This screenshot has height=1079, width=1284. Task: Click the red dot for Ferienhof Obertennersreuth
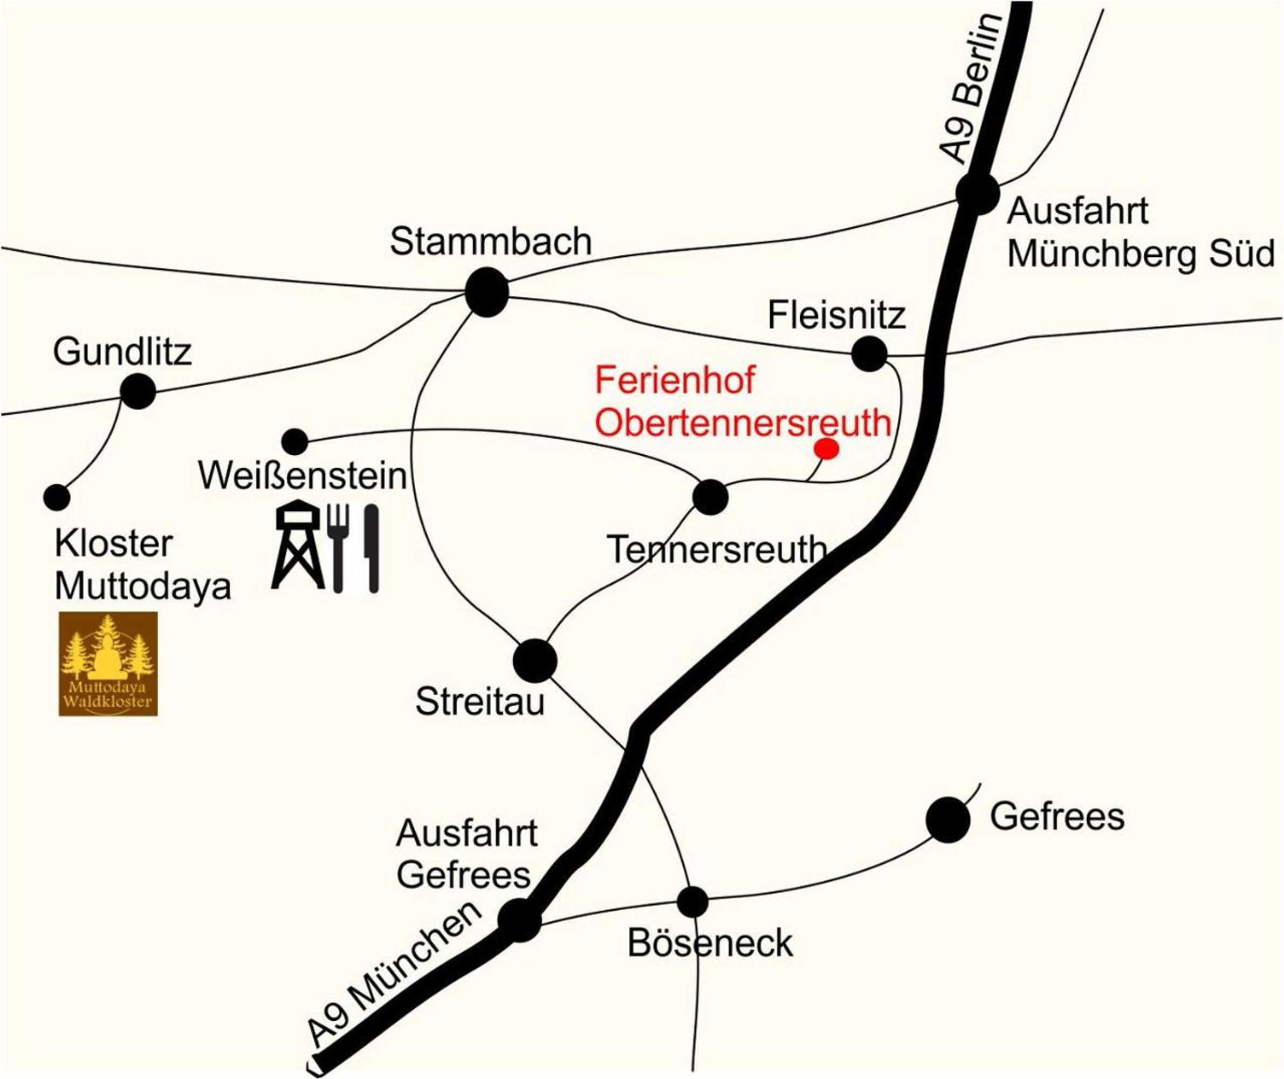pos(827,449)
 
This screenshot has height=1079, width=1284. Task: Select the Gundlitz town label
pos(122,352)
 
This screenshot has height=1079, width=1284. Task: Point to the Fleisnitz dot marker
pos(869,353)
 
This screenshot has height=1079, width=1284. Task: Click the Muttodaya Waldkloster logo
pos(108,664)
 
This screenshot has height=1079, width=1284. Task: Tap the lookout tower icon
pos(298,544)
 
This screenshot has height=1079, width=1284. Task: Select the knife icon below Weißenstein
pos(371,548)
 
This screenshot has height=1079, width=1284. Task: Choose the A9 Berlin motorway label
pos(970,88)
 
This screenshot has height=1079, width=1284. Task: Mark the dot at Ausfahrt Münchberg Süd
pos(977,194)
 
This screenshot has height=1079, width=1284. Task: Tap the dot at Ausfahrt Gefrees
pos(520,920)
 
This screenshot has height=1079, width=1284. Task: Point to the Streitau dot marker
pos(535,660)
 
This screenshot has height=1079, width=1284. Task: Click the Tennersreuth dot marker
pos(710,497)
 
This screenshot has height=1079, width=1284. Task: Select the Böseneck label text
pos(710,943)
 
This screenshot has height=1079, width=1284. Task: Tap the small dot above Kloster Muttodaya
pos(57,497)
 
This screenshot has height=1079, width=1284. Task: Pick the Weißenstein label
pos(303,475)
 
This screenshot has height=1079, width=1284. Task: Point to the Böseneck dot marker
pos(693,901)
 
